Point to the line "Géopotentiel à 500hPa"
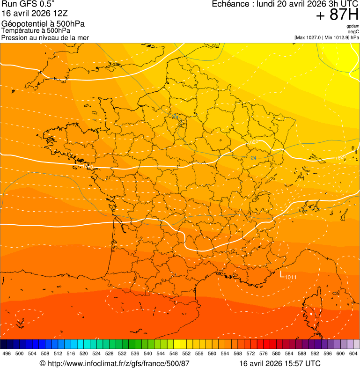pos(43,24)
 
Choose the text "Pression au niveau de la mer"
pos(45,37)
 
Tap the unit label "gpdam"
pos(353,26)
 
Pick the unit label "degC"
pos(353,32)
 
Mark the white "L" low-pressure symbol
pos(282,275)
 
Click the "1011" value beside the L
pos(291,277)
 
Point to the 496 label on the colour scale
pos(7,354)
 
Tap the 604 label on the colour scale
pos(353,354)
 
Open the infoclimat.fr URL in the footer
pos(114,363)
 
